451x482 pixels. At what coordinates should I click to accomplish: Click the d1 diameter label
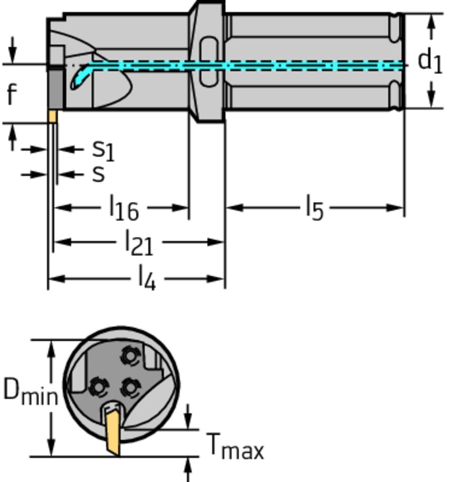tap(430, 62)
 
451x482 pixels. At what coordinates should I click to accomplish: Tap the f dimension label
tap(12, 94)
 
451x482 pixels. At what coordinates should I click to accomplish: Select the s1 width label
tap(103, 150)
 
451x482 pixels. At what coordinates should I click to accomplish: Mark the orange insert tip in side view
tap(52, 116)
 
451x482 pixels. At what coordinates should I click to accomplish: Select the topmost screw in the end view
tap(130, 356)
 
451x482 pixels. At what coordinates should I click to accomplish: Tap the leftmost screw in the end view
tap(98, 387)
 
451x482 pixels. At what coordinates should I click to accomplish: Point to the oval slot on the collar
tap(209, 62)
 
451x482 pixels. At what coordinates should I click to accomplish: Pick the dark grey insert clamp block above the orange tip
tap(56, 89)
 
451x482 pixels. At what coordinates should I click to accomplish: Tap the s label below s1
tap(98, 175)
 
